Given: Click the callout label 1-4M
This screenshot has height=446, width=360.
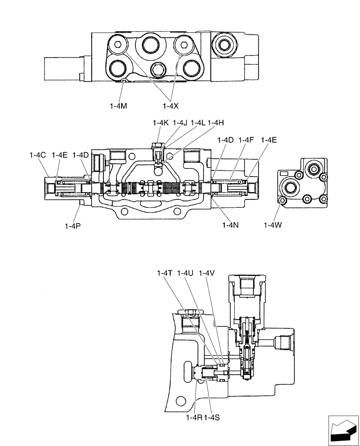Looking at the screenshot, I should (x=118, y=106).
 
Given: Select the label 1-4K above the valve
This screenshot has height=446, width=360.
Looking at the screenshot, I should (x=160, y=123).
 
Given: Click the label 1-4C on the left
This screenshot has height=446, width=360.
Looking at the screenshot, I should (x=38, y=155).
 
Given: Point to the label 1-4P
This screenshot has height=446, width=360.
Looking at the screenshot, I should (x=73, y=225).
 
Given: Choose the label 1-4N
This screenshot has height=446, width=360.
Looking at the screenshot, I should (x=231, y=225).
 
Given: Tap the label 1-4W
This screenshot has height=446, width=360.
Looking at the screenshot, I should (x=272, y=225).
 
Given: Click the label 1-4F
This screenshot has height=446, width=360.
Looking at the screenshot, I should (x=246, y=140).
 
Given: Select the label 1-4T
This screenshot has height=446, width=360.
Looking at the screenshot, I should (x=164, y=273).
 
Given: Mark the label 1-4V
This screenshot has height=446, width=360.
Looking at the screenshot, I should (x=207, y=273).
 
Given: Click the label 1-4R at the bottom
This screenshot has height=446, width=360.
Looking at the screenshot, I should (x=195, y=417).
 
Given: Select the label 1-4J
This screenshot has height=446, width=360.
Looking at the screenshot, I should (x=180, y=123).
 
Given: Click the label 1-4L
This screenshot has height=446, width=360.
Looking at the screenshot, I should (x=198, y=123).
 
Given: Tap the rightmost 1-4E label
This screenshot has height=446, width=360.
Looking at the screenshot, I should (x=269, y=140).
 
